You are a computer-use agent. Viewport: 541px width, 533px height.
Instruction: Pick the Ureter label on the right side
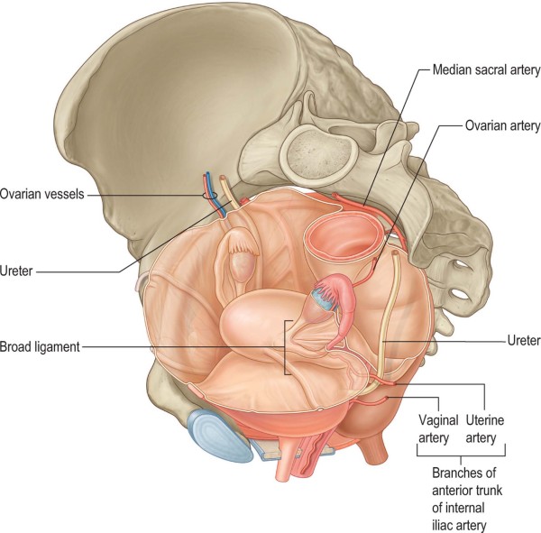pyautogui.click(x=520, y=340)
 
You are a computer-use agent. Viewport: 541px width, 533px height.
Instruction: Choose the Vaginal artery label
pyautogui.click(x=440, y=427)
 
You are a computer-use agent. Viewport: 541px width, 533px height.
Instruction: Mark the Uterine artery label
pyautogui.click(x=488, y=427)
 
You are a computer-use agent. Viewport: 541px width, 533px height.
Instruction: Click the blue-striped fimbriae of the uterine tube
pyautogui.click(x=323, y=292)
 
